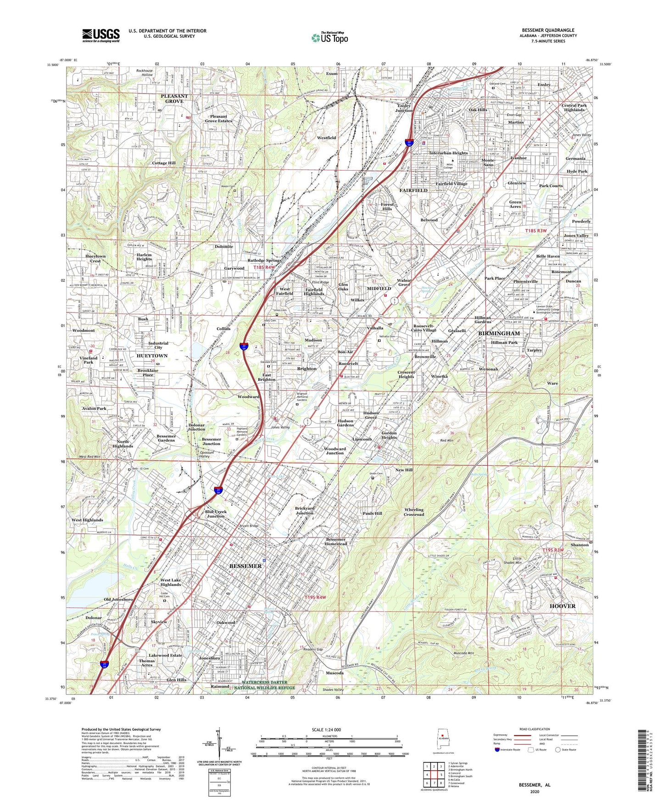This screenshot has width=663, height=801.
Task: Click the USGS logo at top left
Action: (x=100, y=35)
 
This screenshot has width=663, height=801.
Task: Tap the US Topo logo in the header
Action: (x=329, y=38)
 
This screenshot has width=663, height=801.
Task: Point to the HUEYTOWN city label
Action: (x=152, y=356)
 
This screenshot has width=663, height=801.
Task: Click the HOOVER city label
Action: (x=562, y=606)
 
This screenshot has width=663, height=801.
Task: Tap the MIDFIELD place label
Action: (x=379, y=289)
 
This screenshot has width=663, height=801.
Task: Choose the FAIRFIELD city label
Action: (x=413, y=190)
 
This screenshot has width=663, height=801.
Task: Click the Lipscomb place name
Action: (x=362, y=439)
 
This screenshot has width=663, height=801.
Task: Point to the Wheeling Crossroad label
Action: (x=414, y=512)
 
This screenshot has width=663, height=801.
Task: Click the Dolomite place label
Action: (x=224, y=246)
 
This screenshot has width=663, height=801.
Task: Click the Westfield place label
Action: (x=326, y=138)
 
